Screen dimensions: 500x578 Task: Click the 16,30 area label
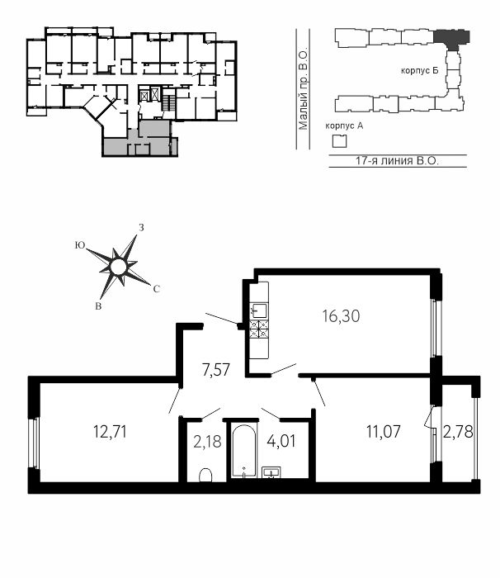click(x=341, y=316)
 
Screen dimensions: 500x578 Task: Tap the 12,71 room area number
click(x=111, y=432)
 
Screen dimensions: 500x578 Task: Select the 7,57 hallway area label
click(x=216, y=370)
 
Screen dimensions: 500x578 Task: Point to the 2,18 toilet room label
click(x=207, y=441)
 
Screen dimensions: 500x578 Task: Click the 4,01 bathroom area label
click(x=281, y=441)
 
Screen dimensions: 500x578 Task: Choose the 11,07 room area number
click(x=383, y=432)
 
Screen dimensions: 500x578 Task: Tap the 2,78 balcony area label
click(x=458, y=432)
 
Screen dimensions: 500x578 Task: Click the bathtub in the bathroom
click(x=244, y=451)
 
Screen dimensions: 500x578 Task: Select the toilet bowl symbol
click(x=205, y=475)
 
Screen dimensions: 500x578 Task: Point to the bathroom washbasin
click(x=271, y=472)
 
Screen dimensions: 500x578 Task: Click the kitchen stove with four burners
click(x=259, y=329)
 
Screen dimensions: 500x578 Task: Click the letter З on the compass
click(x=141, y=228)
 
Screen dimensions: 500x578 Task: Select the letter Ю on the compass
click(x=80, y=245)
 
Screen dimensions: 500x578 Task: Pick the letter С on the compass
click(x=156, y=289)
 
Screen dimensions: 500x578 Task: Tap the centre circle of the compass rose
click(x=118, y=267)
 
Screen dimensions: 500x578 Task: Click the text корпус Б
click(x=420, y=70)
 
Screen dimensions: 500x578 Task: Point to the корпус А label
click(x=344, y=126)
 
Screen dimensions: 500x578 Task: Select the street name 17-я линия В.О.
click(x=397, y=161)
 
